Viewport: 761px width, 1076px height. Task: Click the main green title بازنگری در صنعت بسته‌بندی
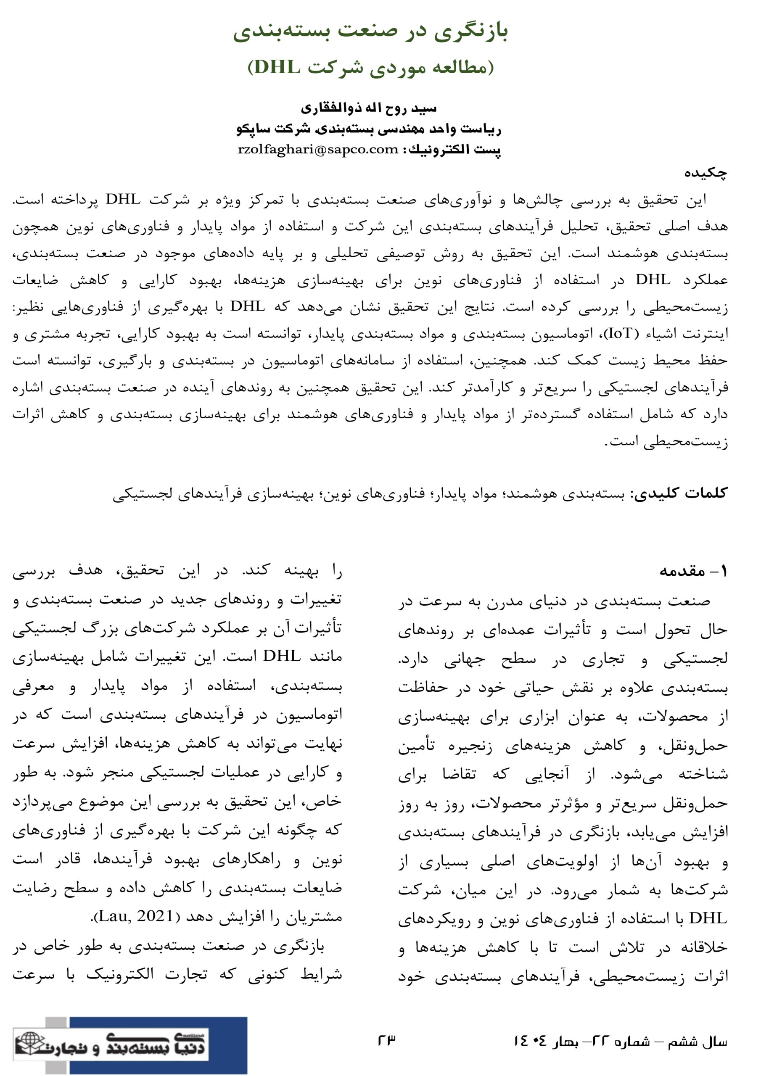371,32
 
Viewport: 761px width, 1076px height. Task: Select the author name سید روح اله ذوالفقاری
369,108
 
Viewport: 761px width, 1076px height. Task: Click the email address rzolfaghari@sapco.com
318,150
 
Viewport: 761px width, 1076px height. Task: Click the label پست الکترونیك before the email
454,150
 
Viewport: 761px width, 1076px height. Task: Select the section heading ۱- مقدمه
693,571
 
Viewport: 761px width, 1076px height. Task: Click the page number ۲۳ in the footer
387,1039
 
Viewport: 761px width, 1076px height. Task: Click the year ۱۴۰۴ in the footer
530,1041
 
